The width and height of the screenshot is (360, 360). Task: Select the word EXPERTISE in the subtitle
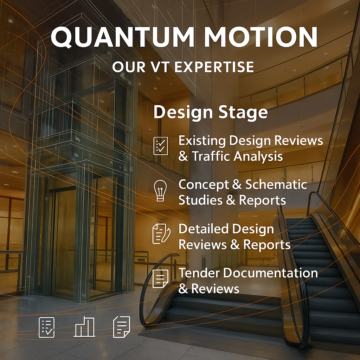(x=214, y=67)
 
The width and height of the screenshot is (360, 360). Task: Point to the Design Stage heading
(x=211, y=112)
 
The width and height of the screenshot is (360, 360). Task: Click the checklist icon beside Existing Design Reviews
(x=160, y=146)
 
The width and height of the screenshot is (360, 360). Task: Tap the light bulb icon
(x=160, y=190)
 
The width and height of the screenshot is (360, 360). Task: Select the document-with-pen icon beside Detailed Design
(x=161, y=233)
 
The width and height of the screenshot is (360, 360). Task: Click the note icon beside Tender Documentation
(x=160, y=278)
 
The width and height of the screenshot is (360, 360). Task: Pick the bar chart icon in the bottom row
(x=84, y=327)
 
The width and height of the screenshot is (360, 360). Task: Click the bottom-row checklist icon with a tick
(x=47, y=327)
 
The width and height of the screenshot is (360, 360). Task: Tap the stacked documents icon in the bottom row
(x=122, y=327)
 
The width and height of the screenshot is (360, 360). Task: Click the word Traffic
(x=211, y=156)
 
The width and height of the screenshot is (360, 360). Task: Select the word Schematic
(x=276, y=184)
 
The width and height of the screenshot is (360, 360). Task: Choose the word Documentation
(x=270, y=273)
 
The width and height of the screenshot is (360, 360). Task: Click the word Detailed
(x=204, y=229)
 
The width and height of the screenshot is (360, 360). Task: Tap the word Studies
(x=200, y=200)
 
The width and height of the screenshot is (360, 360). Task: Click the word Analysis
(x=258, y=157)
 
